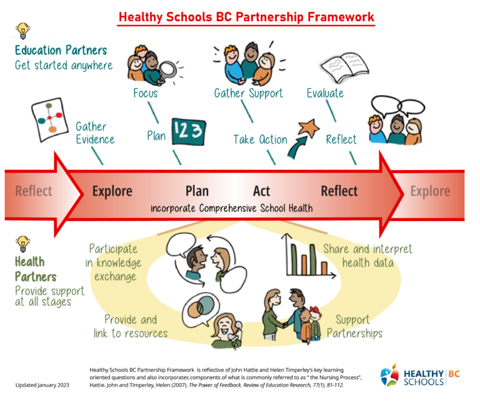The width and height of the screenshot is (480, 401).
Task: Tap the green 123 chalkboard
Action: pos(186,132)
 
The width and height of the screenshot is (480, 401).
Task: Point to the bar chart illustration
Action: pos(306,257)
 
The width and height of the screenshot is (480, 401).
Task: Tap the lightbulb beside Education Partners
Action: pos(23,30)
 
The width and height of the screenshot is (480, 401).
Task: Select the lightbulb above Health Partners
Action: pos(22,242)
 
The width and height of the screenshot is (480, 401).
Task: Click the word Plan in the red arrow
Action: pos(197,191)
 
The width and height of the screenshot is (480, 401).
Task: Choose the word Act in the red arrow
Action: pos(261,191)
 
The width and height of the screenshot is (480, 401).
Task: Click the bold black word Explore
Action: pos(112,191)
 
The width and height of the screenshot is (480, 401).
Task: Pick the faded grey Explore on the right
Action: pos(430,191)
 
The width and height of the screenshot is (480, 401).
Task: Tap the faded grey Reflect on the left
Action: pos(34,191)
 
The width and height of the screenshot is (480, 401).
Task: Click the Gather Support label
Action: pos(248,94)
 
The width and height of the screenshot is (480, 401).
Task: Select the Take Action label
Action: pos(260,139)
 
